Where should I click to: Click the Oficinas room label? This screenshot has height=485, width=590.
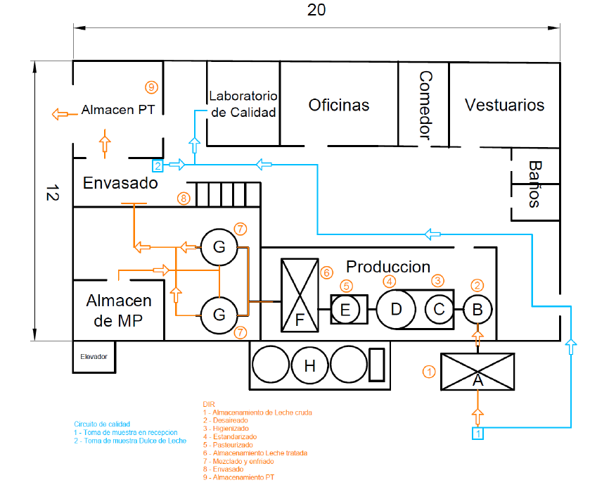pyautogui.click(x=339, y=105)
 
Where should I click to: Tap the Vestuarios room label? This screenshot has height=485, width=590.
pyautogui.click(x=504, y=105)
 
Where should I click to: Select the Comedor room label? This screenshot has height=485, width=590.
pyautogui.click(x=425, y=105)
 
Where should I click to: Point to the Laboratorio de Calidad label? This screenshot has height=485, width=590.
pyautogui.click(x=243, y=104)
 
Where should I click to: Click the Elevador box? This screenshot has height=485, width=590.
pyautogui.click(x=94, y=357)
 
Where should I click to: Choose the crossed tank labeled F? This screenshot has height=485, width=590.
pyautogui.click(x=300, y=295)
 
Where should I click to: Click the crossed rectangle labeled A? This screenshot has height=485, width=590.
pyautogui.click(x=477, y=372)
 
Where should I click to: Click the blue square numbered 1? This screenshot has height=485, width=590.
pyautogui.click(x=478, y=434)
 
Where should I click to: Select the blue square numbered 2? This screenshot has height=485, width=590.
pyautogui.click(x=158, y=165)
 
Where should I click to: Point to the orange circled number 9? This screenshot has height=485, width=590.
pyautogui.click(x=151, y=87)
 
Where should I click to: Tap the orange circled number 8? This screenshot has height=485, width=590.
pyautogui.click(x=184, y=198)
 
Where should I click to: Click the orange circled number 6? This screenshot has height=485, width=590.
pyautogui.click(x=326, y=272)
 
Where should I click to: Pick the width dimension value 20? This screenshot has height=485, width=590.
pyautogui.click(x=316, y=10)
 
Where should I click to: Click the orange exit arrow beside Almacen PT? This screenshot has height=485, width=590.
pyautogui.click(x=65, y=114)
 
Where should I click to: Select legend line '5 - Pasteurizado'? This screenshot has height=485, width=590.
pyautogui.click(x=228, y=445)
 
